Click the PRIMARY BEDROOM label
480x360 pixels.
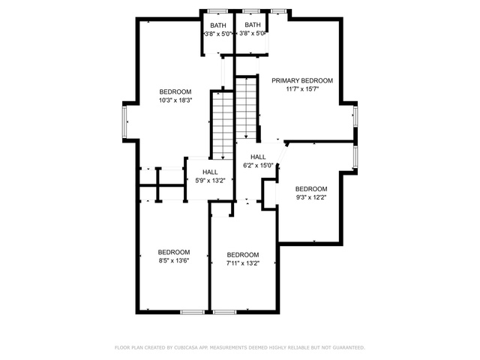click(302, 80)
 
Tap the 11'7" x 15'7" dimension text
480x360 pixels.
click(302, 89)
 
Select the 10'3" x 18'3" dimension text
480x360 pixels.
click(175, 100)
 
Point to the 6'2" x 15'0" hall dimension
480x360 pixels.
click(258, 166)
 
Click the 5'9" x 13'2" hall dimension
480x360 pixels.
click(210, 181)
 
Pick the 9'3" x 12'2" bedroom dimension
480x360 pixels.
click(311, 197)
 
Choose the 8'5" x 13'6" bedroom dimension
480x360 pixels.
click(174, 260)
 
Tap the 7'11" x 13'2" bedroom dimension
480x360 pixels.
click(243, 263)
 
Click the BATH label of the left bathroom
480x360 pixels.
click(218, 25)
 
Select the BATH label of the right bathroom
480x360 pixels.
click(253, 25)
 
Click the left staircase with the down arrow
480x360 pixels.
click(223, 125)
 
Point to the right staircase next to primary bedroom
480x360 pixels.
click(246, 108)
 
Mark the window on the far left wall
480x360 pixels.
click(124, 121)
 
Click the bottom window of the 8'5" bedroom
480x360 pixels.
click(192, 312)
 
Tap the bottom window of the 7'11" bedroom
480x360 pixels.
click(225, 312)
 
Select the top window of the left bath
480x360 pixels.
click(217, 11)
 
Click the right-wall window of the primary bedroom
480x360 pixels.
click(355, 116)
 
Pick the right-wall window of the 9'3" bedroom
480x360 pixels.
click(355, 157)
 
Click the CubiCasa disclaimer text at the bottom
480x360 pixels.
click(240, 347)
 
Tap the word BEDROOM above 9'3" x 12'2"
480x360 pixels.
click(311, 189)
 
